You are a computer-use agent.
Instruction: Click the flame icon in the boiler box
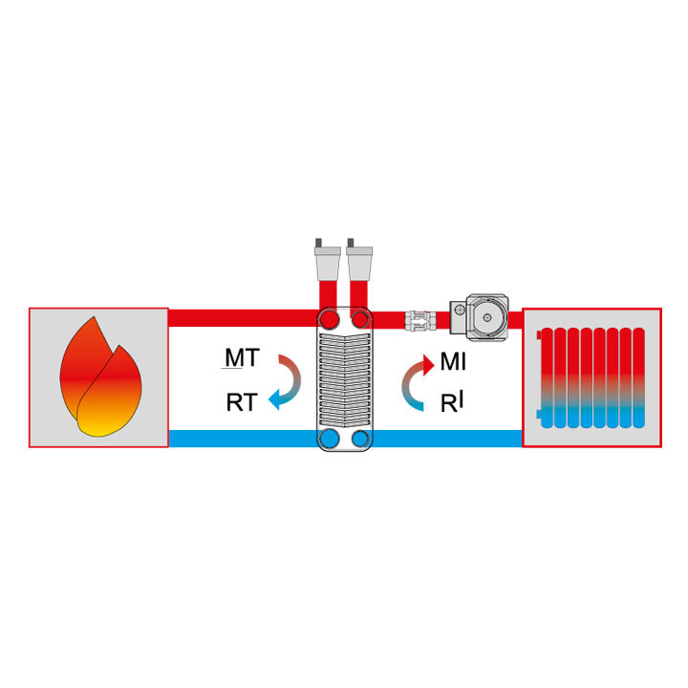(100, 377)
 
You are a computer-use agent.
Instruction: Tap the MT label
(242, 357)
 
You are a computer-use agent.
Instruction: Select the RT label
(242, 403)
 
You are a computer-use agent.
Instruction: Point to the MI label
(453, 362)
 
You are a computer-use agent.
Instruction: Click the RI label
(452, 402)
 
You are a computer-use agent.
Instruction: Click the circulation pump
(480, 317)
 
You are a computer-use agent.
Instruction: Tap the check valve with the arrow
(420, 320)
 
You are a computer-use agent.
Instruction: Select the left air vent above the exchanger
(328, 260)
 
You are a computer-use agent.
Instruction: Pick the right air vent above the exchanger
(359, 260)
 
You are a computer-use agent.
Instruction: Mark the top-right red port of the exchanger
(360, 319)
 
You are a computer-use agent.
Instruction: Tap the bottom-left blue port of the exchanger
(330, 438)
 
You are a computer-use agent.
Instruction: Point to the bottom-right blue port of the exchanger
(360, 438)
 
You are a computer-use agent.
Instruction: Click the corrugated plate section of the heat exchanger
(345, 380)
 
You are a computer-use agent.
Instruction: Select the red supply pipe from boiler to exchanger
(244, 318)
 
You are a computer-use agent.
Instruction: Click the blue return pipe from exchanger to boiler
(244, 439)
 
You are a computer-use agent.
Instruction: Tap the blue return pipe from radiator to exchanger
(447, 439)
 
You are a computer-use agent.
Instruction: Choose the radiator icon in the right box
(591, 377)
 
